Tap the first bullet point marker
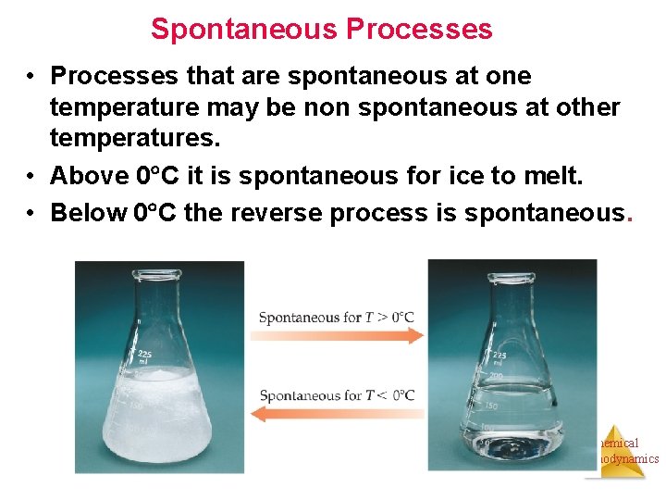[31, 76]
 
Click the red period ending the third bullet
[630, 215]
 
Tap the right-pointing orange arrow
[339, 335]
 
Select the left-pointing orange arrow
[337, 414]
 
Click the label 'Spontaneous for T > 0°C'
[337, 318]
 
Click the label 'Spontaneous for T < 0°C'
[337, 395]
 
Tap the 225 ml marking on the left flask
[144, 357]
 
